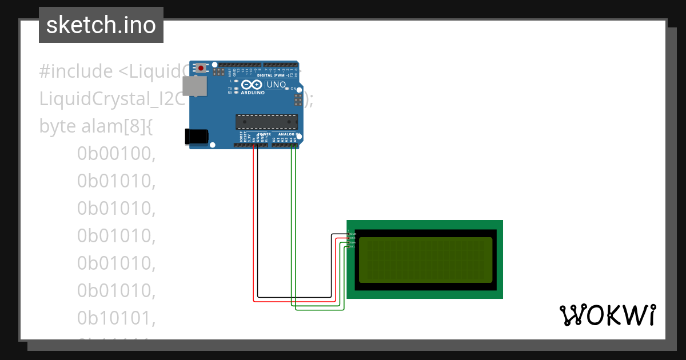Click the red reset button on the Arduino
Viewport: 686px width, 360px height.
201,68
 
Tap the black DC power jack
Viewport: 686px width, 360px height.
196,136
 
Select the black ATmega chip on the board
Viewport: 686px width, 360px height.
267,122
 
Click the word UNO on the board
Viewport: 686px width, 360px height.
277,85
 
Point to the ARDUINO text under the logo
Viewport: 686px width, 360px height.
253,93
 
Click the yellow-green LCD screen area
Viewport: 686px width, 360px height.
425,260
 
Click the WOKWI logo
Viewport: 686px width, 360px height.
607,315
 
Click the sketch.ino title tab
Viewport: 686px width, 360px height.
101,25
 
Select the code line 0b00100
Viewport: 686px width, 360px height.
117,153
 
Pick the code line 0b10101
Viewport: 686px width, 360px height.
117,318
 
